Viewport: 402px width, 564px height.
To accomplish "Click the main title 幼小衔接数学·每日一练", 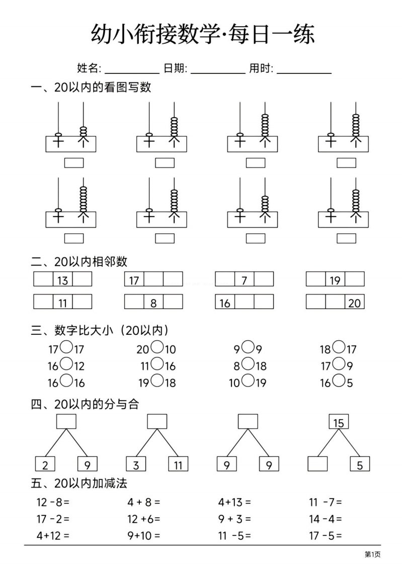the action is (203, 34).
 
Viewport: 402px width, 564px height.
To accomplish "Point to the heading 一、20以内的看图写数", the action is (91, 87).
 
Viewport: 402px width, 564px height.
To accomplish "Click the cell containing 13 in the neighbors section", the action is (62, 279).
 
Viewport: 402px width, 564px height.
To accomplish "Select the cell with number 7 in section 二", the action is (245, 279).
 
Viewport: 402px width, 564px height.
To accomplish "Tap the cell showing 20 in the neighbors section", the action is (355, 302).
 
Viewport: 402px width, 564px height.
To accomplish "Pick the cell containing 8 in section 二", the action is (153, 302).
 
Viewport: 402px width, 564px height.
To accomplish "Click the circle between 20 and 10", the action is (157, 347).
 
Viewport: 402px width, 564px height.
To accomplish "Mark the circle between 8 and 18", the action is (248, 364).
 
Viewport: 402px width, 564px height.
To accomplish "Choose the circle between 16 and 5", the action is (339, 381).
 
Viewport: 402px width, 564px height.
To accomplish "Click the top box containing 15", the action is (339, 422).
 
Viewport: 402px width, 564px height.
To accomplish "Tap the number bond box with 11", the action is (178, 464).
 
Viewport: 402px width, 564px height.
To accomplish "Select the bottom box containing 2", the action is (45, 464).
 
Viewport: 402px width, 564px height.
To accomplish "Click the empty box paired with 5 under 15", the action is (318, 464).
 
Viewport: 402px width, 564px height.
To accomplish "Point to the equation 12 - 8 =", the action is (53, 502).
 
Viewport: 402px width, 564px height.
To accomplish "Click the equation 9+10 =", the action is (144, 536).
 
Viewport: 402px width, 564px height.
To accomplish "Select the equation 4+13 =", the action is (234, 502).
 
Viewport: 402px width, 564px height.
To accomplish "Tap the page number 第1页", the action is (372, 554).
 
